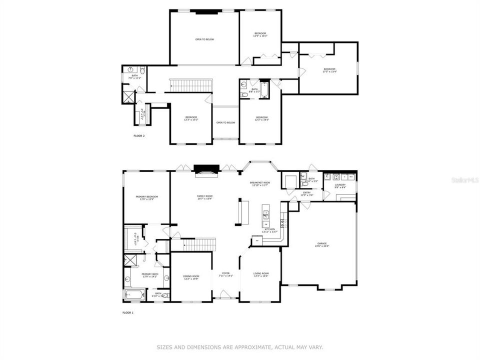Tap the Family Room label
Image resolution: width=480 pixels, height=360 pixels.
204,197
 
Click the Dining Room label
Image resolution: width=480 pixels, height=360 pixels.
191,277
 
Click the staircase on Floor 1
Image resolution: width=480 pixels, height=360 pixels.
198,244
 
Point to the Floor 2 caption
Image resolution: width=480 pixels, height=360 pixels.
139,135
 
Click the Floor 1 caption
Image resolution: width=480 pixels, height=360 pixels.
128,312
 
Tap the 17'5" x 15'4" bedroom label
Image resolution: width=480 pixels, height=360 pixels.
329,70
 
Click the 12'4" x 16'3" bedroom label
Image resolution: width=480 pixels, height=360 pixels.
260,34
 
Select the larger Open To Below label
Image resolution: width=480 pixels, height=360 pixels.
204,39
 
